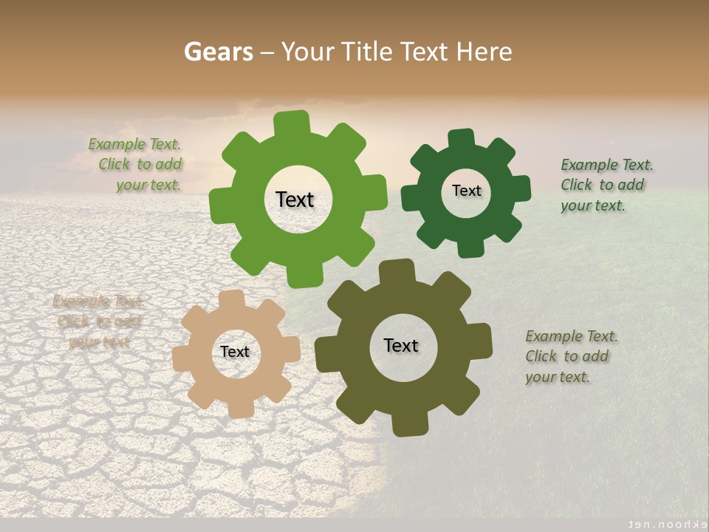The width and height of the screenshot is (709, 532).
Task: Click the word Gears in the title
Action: click(218, 52)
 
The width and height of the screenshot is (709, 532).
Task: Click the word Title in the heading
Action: click(369, 52)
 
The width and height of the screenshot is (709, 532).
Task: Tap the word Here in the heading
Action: click(483, 52)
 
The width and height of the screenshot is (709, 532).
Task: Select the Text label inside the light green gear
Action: click(295, 199)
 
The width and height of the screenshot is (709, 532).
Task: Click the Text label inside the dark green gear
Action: click(466, 191)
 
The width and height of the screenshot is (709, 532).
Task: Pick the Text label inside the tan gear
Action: click(235, 352)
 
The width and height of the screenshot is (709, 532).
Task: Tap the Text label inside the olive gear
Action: click(401, 345)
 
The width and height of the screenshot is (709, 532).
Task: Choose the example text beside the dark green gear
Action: click(606, 185)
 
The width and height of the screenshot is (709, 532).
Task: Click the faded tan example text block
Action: click(98, 321)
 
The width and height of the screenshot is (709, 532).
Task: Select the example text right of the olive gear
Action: click(571, 356)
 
